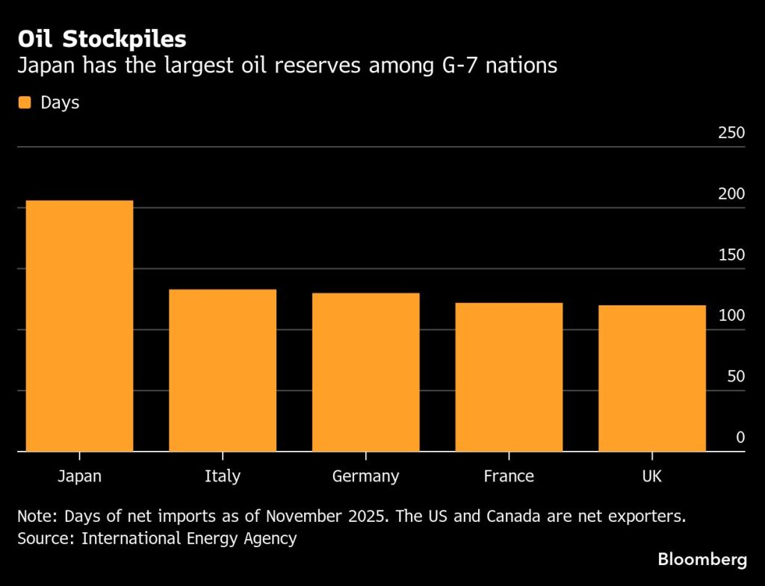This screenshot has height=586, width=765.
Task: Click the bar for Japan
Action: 79,325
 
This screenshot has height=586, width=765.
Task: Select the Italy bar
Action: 223,370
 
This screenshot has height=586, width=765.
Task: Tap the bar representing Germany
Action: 365,372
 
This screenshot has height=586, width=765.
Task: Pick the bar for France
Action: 509,376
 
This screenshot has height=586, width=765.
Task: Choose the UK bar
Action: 651,378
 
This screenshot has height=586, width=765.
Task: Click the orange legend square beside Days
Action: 25,103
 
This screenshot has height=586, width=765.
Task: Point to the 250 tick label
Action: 731,134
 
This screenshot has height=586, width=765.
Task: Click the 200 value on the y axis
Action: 731,194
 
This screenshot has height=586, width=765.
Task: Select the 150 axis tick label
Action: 731,255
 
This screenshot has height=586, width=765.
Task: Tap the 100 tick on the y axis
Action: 731,316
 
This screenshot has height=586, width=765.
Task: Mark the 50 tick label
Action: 735,377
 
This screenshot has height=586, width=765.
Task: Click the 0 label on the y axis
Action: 740,437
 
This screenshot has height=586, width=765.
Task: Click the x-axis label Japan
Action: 79,476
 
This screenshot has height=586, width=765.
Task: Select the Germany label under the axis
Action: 365,476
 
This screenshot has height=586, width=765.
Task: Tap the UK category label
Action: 651,476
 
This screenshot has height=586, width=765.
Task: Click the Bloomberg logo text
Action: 702,560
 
